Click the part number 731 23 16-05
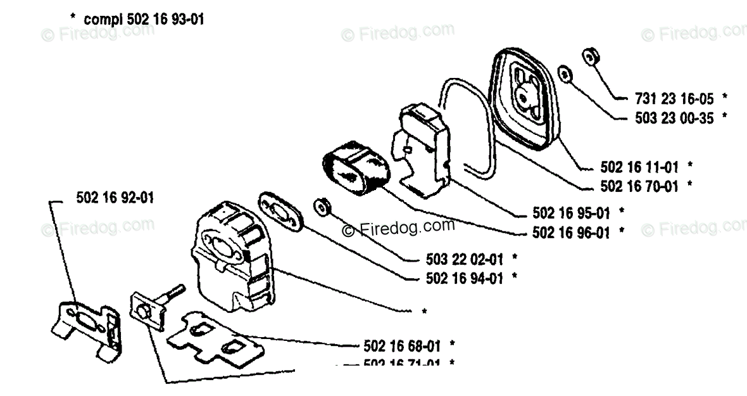(674, 99)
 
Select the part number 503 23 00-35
(674, 117)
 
